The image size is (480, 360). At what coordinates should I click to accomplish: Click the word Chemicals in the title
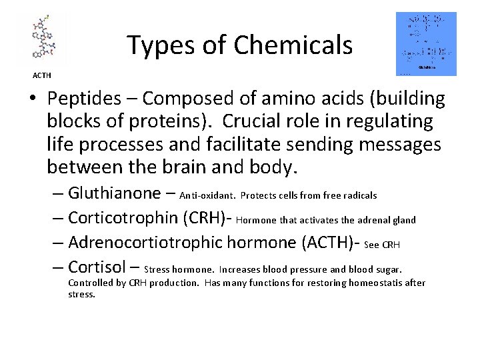point(293,45)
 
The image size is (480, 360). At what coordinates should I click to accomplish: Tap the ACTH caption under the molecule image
point(41,75)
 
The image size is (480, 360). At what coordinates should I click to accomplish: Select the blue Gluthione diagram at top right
point(426,43)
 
